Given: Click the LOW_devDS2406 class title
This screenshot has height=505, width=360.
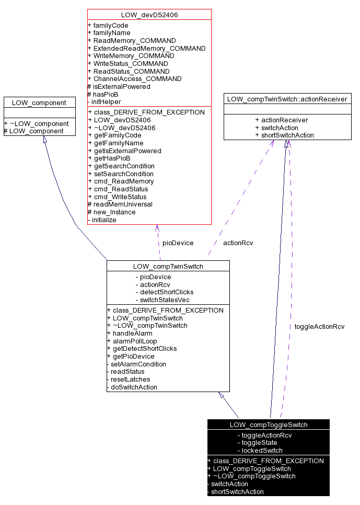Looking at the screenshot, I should click(149, 15).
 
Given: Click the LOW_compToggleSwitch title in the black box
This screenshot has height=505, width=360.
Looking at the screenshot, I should click(269, 424).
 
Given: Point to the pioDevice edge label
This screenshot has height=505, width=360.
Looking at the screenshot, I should click(178, 243).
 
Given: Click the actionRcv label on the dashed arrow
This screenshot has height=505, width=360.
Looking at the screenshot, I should click(238, 243).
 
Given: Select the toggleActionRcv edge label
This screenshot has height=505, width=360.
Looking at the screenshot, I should click(319, 326).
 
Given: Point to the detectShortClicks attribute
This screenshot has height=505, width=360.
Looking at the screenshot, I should click(164, 292).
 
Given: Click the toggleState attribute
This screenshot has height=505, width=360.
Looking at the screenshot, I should click(257, 442).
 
